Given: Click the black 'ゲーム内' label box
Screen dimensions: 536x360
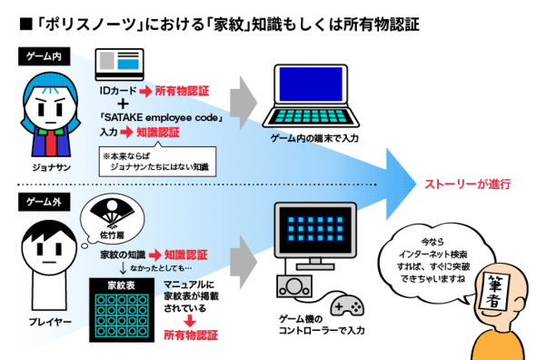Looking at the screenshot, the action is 45,56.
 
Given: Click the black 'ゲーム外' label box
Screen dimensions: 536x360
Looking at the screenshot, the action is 45,202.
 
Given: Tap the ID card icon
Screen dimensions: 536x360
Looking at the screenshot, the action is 119,65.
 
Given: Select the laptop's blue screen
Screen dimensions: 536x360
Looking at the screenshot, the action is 311,85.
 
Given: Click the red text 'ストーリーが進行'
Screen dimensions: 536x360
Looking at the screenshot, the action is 467,185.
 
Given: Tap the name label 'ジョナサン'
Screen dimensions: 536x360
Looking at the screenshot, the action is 51,167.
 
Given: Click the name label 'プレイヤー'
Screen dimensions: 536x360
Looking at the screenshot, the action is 50,322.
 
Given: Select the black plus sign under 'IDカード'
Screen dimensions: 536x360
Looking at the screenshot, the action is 123,104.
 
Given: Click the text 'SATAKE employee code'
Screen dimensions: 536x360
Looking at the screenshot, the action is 161,117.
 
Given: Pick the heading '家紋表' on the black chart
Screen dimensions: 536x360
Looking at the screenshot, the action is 122,285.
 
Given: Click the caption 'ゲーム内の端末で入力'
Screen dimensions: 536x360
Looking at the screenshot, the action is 314,138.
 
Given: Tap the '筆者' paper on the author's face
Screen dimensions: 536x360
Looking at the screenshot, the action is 494,291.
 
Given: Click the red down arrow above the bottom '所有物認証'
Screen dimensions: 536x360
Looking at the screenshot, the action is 190,321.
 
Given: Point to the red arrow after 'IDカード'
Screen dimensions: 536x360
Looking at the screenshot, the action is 145,91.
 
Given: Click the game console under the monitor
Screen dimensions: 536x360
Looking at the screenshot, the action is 294,286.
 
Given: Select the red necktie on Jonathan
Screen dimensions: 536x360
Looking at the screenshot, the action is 51,143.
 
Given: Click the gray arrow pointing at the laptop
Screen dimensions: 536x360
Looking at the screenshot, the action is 243,103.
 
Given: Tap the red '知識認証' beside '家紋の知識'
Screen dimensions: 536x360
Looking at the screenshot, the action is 185,255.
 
